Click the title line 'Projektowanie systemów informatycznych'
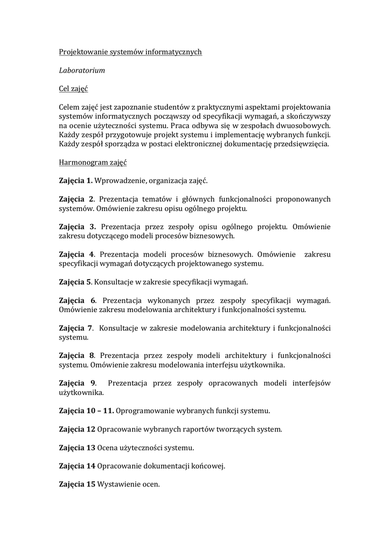pos(130,52)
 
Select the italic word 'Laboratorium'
pos(82,70)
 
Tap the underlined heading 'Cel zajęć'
pos(73,88)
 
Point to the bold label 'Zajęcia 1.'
pos(76,181)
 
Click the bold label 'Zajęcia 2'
pos(77,199)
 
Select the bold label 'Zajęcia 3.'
pos(78,227)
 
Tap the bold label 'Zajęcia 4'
pos(77,254)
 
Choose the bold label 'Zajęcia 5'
pos(76,281)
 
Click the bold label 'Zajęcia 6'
pos(78,300)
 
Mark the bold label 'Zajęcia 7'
pos(76,327)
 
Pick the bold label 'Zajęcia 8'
pos(77,355)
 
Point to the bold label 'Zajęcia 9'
pos(78,383)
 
